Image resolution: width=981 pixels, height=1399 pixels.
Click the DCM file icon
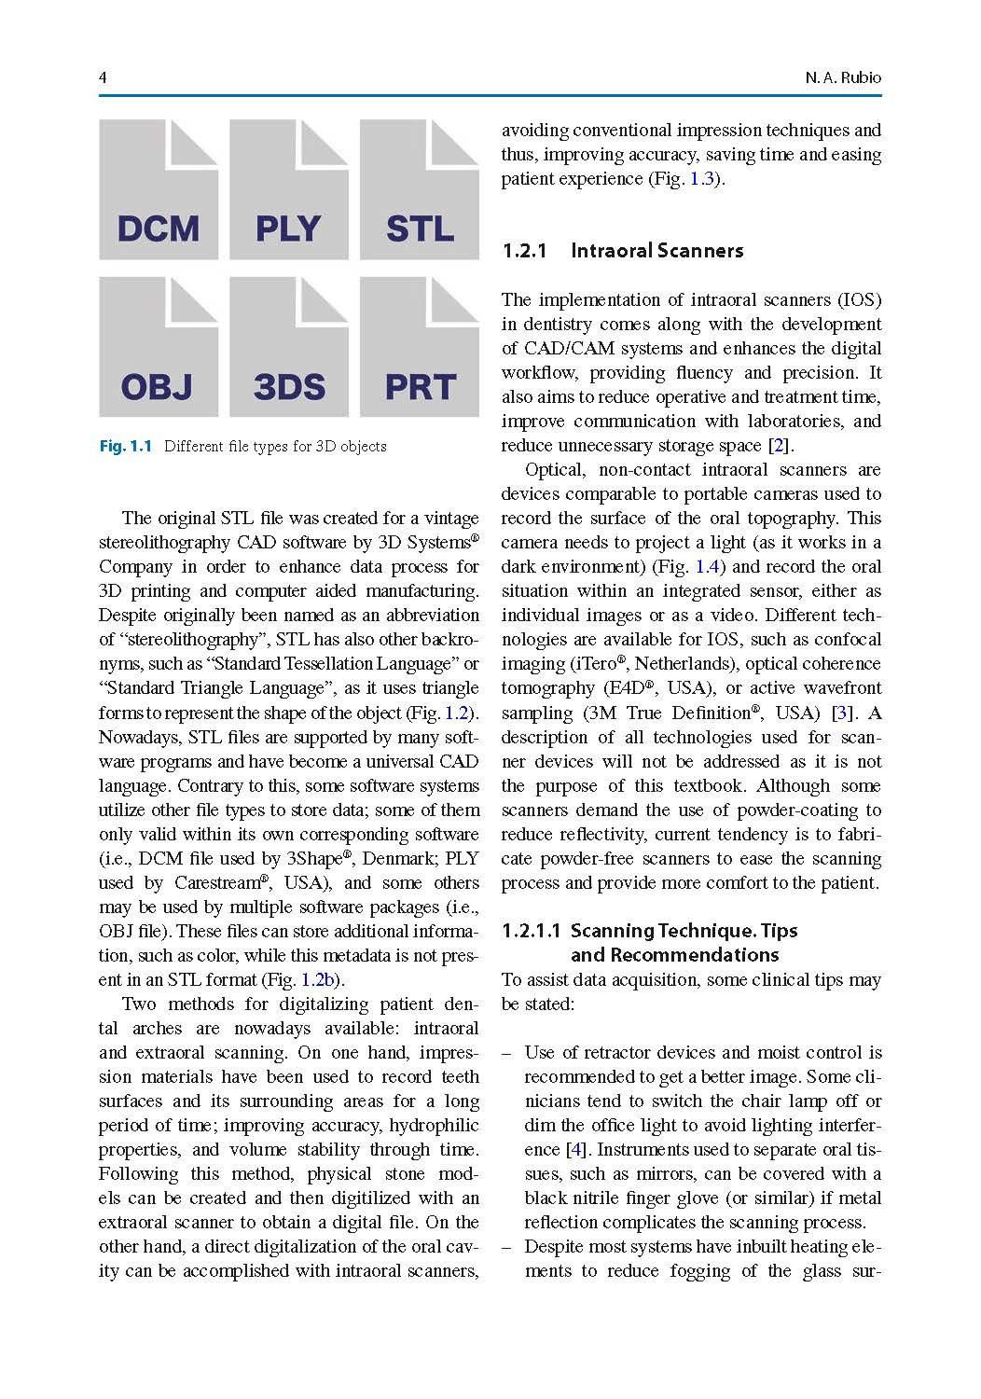tap(159, 190)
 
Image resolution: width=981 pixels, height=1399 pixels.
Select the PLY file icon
tap(289, 190)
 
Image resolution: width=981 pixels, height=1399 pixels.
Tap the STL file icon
tap(420, 190)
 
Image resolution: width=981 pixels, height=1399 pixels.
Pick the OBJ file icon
tap(159, 347)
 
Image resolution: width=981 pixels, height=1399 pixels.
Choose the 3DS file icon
tap(289, 347)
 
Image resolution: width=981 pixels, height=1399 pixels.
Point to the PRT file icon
tap(420, 347)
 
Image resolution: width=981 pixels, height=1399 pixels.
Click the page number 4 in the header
tap(103, 77)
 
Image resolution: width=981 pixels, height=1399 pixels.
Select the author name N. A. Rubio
tap(843, 77)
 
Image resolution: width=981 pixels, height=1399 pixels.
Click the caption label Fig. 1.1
tap(125, 446)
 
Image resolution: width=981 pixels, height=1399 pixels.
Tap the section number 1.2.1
tap(524, 251)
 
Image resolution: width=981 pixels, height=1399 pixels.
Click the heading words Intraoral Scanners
tap(656, 251)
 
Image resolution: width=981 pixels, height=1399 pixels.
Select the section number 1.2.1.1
tap(531, 931)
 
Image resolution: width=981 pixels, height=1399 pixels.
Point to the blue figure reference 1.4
tap(707, 567)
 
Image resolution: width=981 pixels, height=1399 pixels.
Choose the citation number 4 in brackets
tap(576, 1150)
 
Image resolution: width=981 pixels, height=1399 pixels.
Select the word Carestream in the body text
tap(217, 883)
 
